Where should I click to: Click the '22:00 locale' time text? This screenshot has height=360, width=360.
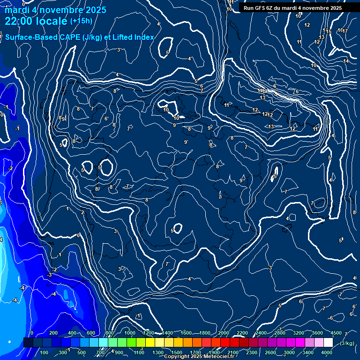(x=36, y=21)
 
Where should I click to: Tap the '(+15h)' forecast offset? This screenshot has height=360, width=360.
(x=81, y=21)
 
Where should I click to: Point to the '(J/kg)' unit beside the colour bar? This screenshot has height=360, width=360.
(x=347, y=343)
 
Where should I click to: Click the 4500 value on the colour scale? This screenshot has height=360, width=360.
(x=336, y=333)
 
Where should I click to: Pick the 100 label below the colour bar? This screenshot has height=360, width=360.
(x=44, y=352)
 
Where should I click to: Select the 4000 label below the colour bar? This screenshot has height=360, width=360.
(x=327, y=352)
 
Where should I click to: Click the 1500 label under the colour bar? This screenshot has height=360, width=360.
(x=176, y=352)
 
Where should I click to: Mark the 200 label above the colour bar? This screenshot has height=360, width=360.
(x=53, y=333)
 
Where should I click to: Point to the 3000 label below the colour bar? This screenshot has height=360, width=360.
(x=289, y=352)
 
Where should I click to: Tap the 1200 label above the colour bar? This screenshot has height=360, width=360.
(x=148, y=333)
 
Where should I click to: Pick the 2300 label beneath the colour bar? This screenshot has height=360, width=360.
(x=252, y=352)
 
